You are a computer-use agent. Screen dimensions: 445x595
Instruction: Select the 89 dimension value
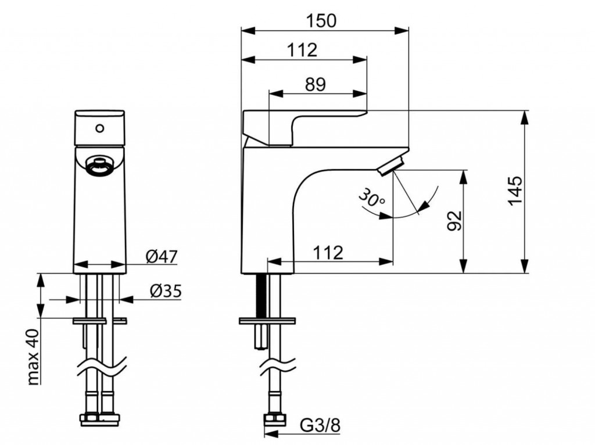(316, 84)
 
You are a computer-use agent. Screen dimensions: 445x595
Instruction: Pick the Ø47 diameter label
(161, 256)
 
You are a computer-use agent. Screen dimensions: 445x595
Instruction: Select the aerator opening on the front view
(97, 165)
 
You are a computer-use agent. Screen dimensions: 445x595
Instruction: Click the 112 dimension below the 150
(302, 51)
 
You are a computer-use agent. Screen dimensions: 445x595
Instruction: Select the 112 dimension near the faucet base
(329, 252)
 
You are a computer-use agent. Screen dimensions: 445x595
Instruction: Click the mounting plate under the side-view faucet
(267, 320)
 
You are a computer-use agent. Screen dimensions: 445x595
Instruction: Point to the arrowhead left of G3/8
(270, 433)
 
